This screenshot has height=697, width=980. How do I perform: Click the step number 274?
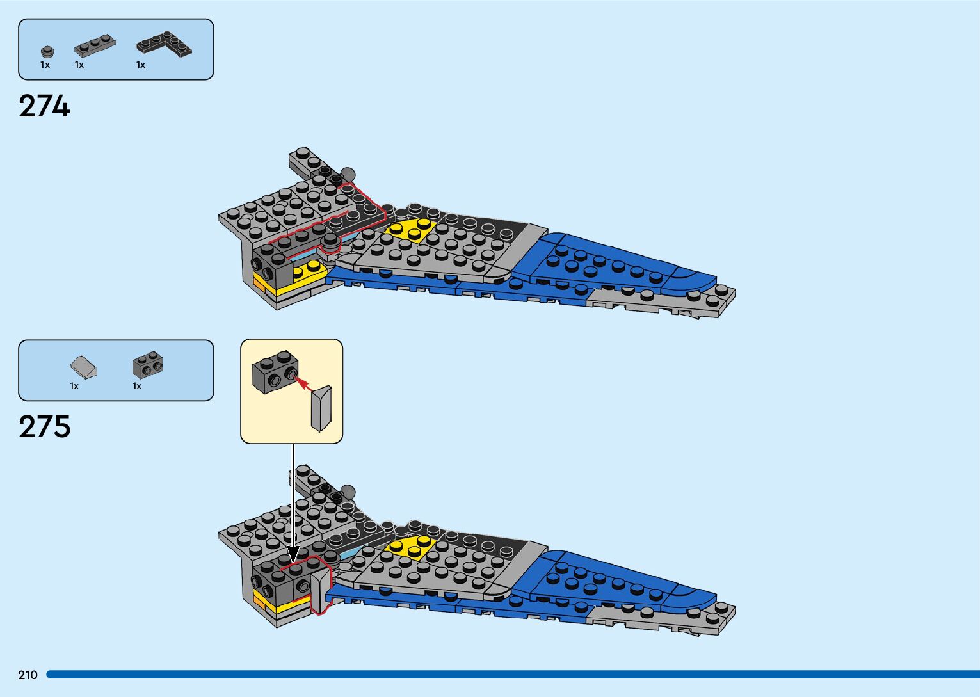[44, 106]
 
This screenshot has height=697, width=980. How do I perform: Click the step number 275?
[44, 427]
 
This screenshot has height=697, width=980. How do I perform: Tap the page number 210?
[28, 675]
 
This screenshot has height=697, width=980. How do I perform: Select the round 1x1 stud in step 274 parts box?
[47, 52]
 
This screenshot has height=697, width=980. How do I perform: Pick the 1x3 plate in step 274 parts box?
[95, 46]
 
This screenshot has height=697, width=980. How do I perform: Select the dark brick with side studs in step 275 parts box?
[147, 364]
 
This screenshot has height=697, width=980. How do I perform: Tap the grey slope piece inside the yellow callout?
[321, 408]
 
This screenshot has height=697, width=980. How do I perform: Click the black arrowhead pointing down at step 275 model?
[293, 554]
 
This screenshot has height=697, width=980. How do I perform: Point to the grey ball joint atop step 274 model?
[348, 173]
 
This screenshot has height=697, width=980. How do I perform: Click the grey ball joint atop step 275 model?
[348, 492]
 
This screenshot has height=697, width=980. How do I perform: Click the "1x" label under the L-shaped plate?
[141, 65]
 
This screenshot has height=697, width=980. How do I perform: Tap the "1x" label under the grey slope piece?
[74, 386]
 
